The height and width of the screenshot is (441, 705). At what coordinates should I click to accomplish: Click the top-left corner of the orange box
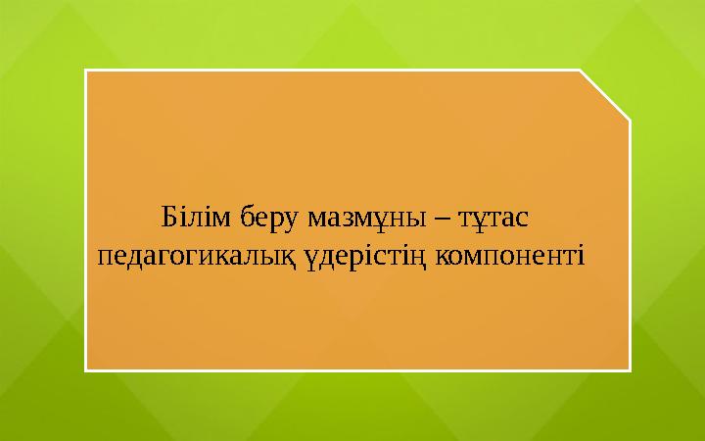point(86,71)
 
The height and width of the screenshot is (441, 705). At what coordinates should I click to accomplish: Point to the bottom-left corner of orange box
point(86,370)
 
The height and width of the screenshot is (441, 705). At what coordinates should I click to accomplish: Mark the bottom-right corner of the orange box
point(629,370)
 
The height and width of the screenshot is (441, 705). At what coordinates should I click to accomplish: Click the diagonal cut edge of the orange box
point(604,95)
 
